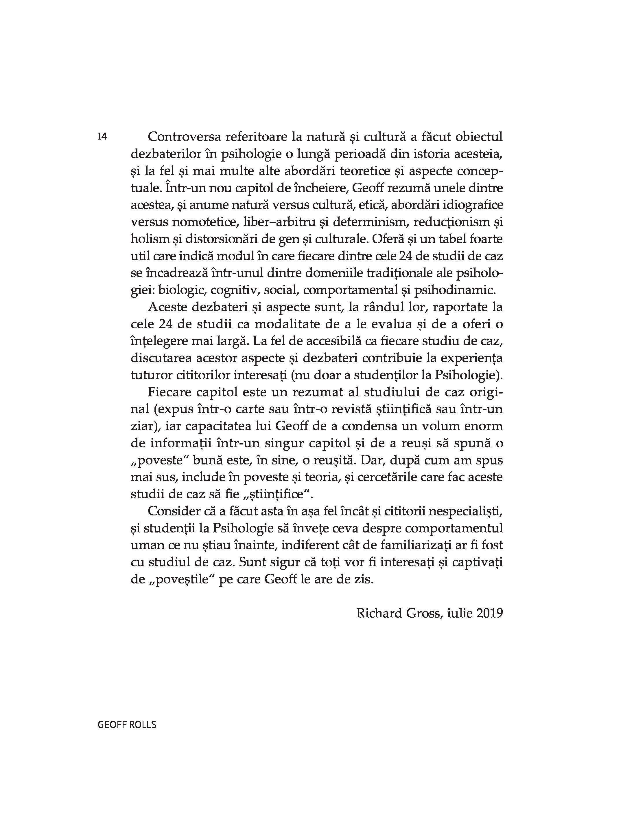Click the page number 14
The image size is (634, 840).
pos(102,137)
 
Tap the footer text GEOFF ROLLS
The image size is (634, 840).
pos(127,725)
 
